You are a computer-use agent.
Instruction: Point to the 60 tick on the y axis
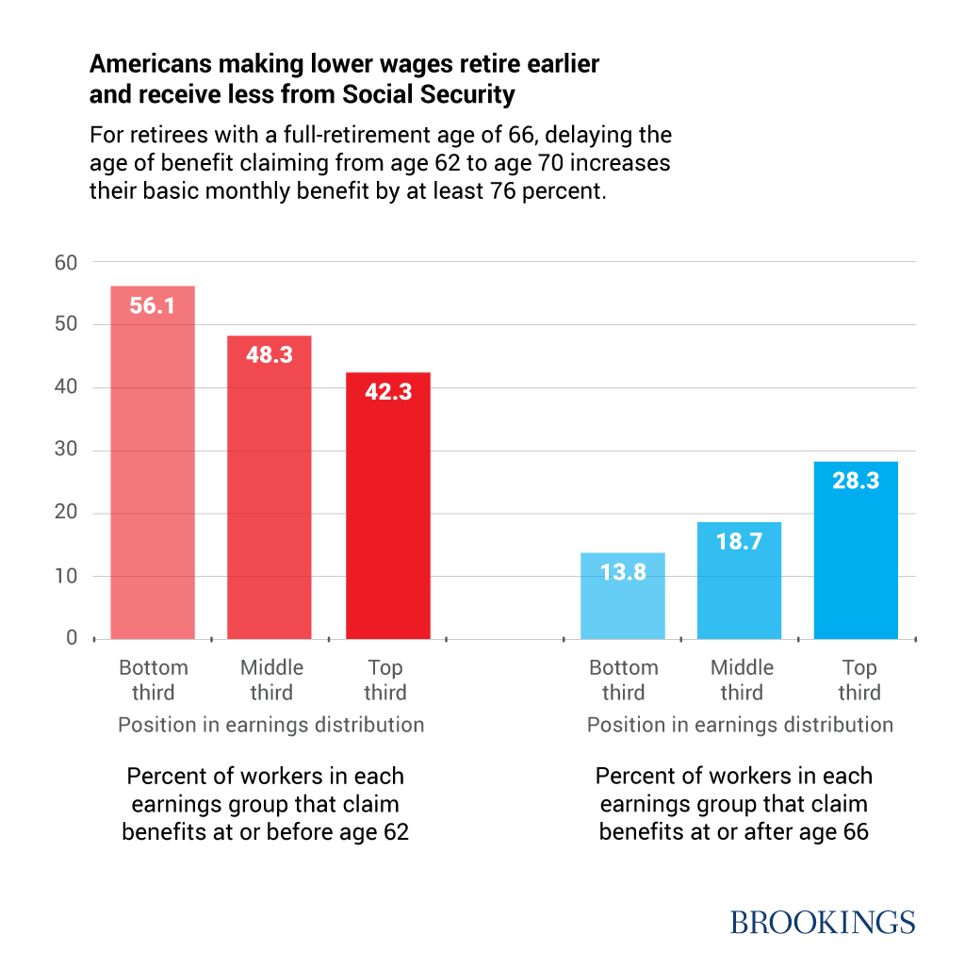pyautogui.click(x=66, y=262)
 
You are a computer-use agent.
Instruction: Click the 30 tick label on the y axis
pyautogui.click(x=66, y=451)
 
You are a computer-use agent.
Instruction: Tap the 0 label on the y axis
pyautogui.click(x=72, y=638)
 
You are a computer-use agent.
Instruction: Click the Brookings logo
pyautogui.click(x=823, y=922)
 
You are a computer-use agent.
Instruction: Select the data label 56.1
pyautogui.click(x=153, y=306)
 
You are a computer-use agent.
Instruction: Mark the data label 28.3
pyautogui.click(x=857, y=481)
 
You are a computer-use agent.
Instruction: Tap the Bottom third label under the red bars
pyautogui.click(x=154, y=680)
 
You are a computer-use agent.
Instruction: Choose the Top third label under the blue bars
pyautogui.click(x=859, y=680)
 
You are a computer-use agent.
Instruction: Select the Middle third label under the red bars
pyautogui.click(x=271, y=680)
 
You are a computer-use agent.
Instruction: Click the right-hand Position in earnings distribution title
pyautogui.click(x=740, y=725)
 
